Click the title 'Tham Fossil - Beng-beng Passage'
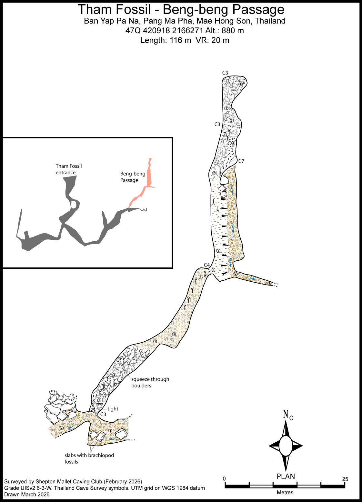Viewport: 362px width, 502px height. (181, 9)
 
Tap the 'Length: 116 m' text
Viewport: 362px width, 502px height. (166, 40)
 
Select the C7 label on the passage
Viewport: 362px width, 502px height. (241, 161)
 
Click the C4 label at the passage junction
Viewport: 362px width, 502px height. (207, 265)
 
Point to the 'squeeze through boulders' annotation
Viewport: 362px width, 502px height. (150, 382)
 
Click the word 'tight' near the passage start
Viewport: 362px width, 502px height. (113, 409)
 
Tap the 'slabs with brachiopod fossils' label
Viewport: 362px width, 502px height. (89, 458)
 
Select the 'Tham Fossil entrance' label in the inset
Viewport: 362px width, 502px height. (69, 169)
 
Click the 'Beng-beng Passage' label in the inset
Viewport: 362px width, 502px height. (133, 177)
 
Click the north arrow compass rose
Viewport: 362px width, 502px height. (286, 446)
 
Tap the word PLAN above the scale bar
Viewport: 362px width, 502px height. (286, 476)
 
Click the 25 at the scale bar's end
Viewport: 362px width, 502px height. (345, 479)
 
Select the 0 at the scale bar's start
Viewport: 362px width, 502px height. (224, 479)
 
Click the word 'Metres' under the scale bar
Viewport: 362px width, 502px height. (285, 492)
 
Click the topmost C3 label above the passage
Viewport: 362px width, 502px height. (225, 73)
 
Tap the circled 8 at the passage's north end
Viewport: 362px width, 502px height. (241, 84)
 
